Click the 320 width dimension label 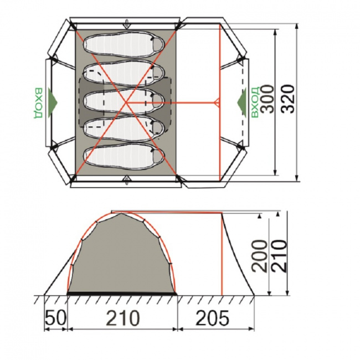coord(288,99)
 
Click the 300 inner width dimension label coord(268,99)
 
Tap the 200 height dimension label coord(260,256)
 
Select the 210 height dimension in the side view coord(279,256)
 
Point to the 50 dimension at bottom coord(56,318)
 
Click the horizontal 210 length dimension coord(123,318)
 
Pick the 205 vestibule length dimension coord(212,318)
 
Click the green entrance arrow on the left coord(53,102)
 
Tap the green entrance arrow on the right coord(241,102)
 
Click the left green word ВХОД coord(38,102)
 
